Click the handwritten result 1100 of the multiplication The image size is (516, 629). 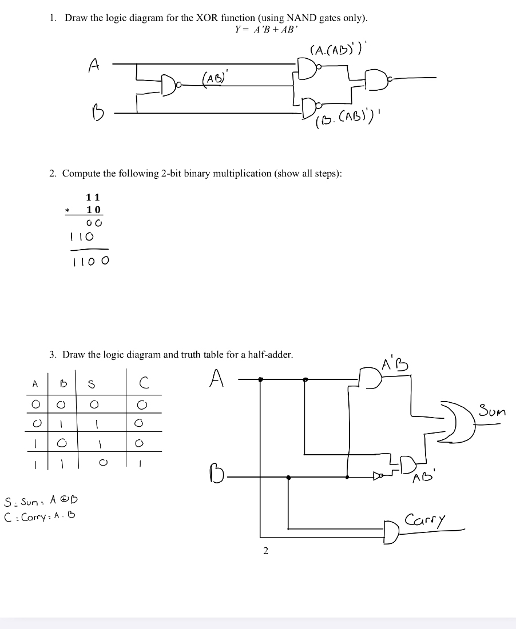pyautogui.click(x=90, y=262)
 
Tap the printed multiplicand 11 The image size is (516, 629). pyautogui.click(x=93, y=197)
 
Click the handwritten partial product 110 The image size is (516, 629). pyautogui.click(x=81, y=236)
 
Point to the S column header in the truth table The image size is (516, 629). pyautogui.click(x=91, y=384)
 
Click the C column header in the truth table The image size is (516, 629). pyautogui.click(x=144, y=383)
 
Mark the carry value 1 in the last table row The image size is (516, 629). pyautogui.click(x=139, y=466)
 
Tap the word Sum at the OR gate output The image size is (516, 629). pyautogui.click(x=491, y=411)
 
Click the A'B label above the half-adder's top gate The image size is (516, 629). pyautogui.click(x=395, y=363)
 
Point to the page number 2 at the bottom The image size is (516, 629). pyautogui.click(x=265, y=551)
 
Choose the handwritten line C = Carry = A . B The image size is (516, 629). pyautogui.click(x=40, y=515)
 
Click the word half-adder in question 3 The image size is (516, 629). pyautogui.click(x=268, y=355)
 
